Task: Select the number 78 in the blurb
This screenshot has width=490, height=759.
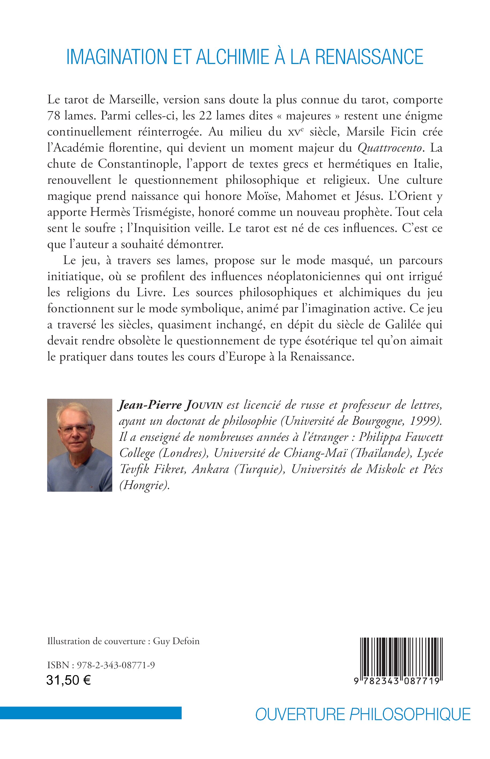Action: (54, 116)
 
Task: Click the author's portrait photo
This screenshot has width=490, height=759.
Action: (80, 445)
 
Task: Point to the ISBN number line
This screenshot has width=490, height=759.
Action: (101, 665)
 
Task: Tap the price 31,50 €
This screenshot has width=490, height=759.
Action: (68, 681)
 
